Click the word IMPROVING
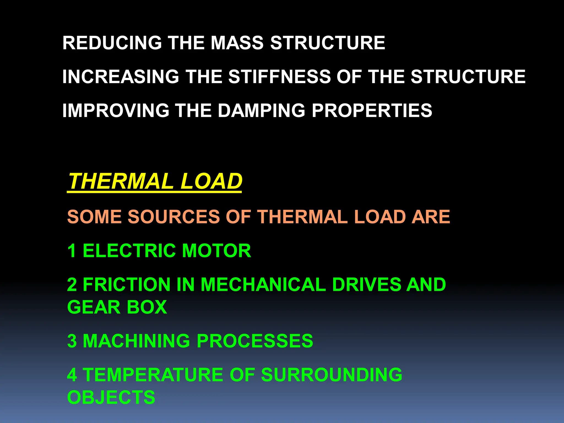pyautogui.click(x=116, y=110)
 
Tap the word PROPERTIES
pyautogui.click(x=372, y=110)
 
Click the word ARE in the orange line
pyautogui.click(x=430, y=217)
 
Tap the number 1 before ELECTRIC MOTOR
pyautogui.click(x=72, y=251)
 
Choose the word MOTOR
pyautogui.click(x=216, y=251)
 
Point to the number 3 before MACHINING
pyautogui.click(x=72, y=341)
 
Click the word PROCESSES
pyautogui.click(x=255, y=341)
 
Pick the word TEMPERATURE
pyautogui.click(x=153, y=375)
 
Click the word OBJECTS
pyautogui.click(x=111, y=397)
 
